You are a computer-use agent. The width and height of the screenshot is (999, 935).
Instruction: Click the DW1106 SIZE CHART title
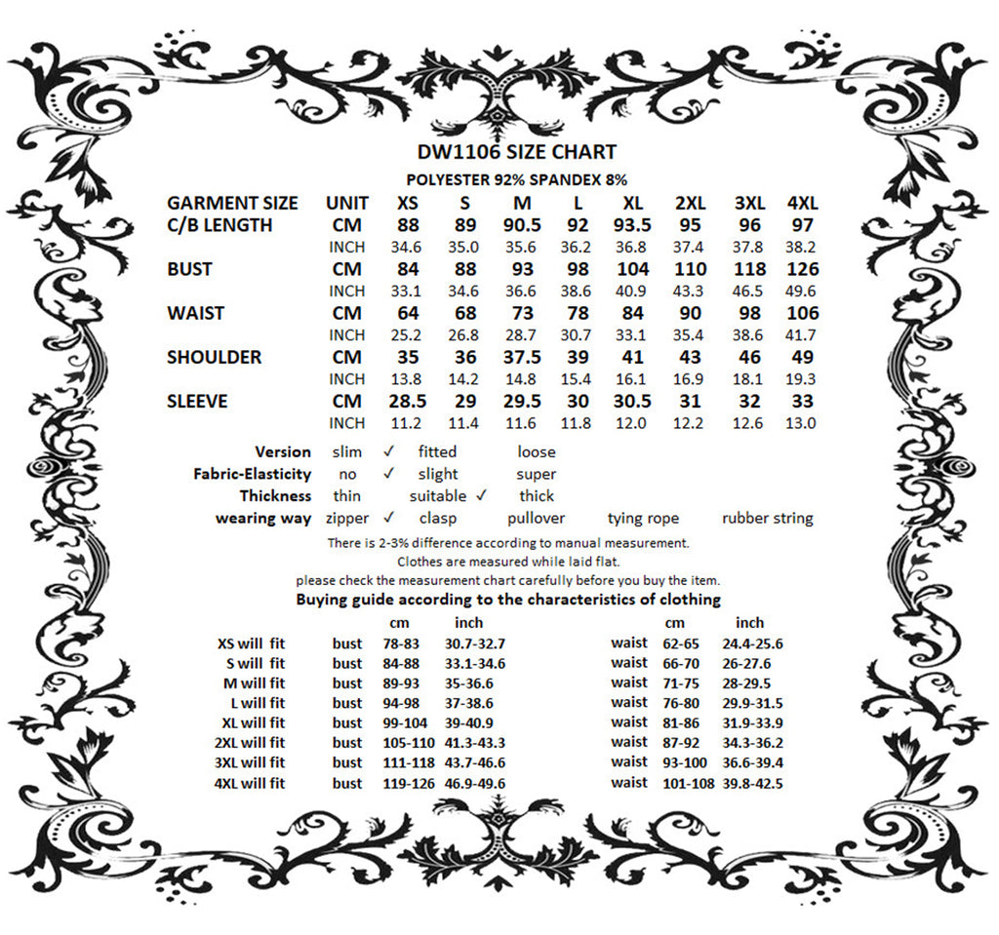click(x=516, y=152)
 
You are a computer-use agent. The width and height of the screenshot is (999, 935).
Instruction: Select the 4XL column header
click(x=802, y=204)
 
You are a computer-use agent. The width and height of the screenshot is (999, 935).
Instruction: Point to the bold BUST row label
click(x=189, y=269)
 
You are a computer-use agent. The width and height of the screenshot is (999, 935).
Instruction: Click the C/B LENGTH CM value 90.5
click(x=522, y=225)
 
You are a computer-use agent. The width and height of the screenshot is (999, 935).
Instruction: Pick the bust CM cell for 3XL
click(x=749, y=269)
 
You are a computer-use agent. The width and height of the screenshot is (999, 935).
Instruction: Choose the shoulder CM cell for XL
click(x=633, y=357)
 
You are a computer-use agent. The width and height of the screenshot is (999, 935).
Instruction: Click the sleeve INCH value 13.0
click(x=801, y=423)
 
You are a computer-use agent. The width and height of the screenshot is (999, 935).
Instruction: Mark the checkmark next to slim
click(x=388, y=451)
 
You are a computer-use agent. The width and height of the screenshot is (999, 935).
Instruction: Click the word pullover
click(x=536, y=518)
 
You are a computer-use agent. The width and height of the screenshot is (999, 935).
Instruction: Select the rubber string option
click(x=767, y=518)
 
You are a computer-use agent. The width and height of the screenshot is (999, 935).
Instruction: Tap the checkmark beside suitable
click(x=481, y=495)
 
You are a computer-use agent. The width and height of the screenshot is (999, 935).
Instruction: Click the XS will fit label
click(x=251, y=643)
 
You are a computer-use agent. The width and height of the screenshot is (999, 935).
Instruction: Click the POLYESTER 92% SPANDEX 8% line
click(x=516, y=180)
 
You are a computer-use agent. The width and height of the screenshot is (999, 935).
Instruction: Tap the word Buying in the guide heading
click(x=322, y=599)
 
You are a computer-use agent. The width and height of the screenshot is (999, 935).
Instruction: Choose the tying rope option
click(x=643, y=518)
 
